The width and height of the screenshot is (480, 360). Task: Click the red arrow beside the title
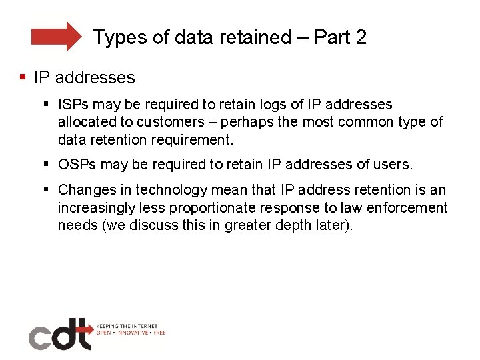pyautogui.click(x=56, y=36)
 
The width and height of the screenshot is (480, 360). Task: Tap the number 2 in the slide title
pyautogui.click(x=361, y=37)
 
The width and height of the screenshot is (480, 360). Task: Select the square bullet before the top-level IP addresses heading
pyautogui.click(x=23, y=77)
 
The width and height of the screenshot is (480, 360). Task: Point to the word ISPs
pyautogui.click(x=75, y=105)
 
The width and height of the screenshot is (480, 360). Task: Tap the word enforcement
pyautogui.click(x=407, y=208)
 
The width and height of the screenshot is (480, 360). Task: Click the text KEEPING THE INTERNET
pyautogui.click(x=127, y=326)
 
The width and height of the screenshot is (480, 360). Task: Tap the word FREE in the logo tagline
pyautogui.click(x=159, y=332)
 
